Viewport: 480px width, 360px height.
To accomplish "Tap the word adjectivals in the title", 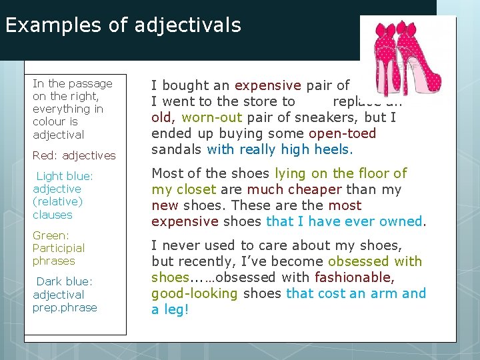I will point(187,25).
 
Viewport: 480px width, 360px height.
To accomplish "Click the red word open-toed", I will point(342,133).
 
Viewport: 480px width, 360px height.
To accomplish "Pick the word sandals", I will point(177,149).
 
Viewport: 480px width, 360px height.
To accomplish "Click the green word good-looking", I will point(195,293).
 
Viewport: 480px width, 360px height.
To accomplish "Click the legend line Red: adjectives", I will point(74,155).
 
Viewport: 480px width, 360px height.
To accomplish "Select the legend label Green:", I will point(51,235).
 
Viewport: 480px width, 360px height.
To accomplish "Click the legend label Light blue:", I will point(64,176).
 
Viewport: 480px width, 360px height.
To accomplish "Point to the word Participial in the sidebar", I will point(59,248).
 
